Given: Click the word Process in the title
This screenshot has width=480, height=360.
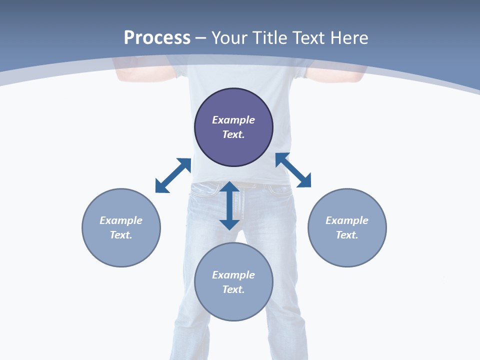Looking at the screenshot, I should click(x=157, y=38).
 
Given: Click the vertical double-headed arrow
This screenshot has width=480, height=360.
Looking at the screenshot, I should click(x=229, y=205).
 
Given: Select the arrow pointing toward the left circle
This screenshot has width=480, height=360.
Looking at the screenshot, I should click(x=173, y=175).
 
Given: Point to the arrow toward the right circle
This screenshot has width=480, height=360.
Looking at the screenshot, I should click(x=293, y=170).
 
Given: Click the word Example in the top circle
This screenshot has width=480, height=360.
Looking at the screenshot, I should click(x=233, y=120).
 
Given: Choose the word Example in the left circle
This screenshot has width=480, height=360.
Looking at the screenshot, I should click(x=121, y=220).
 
